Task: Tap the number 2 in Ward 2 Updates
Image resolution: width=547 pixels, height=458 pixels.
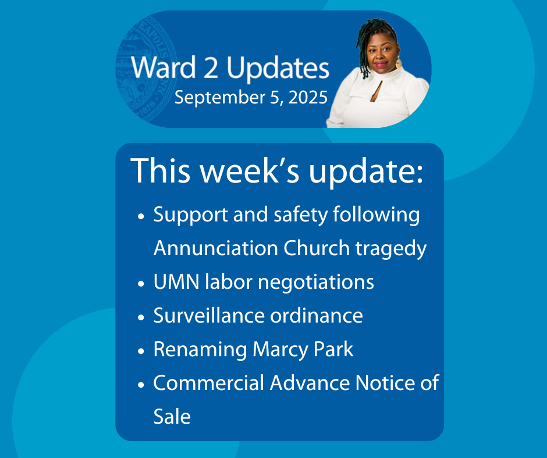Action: pyautogui.click(x=211, y=67)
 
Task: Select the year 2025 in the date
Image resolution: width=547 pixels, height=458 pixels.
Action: pyautogui.click(x=308, y=97)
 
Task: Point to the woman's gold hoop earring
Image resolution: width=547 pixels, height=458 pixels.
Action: pyautogui.click(x=398, y=63)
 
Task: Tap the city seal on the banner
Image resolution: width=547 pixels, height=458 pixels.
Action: pyautogui.click(x=147, y=70)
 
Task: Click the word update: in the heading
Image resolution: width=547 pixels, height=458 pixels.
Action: pyautogui.click(x=365, y=171)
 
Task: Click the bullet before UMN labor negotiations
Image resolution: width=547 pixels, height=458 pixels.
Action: pyautogui.click(x=141, y=284)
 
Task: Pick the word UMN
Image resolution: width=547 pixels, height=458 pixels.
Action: pyautogui.click(x=176, y=282)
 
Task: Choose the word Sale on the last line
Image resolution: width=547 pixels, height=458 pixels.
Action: pyautogui.click(x=172, y=417)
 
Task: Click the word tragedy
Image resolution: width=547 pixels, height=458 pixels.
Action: pyautogui.click(x=390, y=249)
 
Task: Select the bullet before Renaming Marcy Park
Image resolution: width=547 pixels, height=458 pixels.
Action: pyautogui.click(x=141, y=351)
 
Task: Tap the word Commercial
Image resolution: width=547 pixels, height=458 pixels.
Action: pyautogui.click(x=208, y=382)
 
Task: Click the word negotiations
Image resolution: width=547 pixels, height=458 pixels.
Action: pyautogui.click(x=316, y=282)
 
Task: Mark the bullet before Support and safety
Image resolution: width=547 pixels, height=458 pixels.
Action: pyautogui.click(x=141, y=216)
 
